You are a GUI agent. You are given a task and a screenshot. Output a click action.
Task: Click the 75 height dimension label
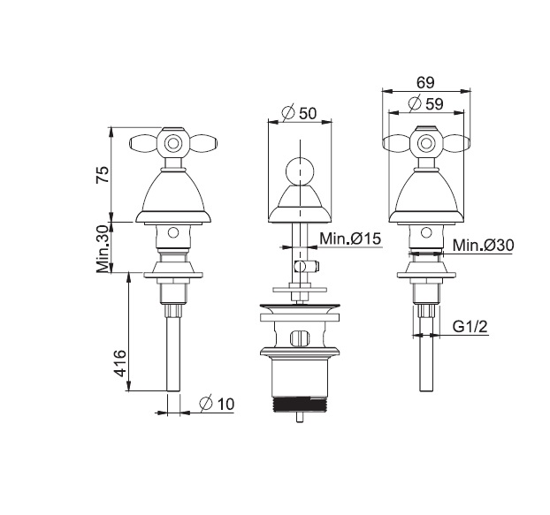pyautogui.click(x=103, y=175)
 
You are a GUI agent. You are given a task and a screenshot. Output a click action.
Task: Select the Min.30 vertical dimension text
pyautogui.click(x=103, y=249)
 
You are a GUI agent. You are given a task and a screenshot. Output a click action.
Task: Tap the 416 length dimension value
pyautogui.click(x=120, y=363)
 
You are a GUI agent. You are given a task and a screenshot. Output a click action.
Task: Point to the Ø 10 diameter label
pyautogui.click(x=217, y=404)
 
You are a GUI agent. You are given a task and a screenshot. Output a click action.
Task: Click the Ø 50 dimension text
pyautogui.click(x=299, y=113)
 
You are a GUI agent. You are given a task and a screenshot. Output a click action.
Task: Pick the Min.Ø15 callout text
pyautogui.click(x=349, y=239)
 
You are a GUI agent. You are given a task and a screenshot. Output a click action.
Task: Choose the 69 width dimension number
pyautogui.click(x=425, y=83)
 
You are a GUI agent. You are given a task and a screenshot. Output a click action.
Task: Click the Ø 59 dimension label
pyautogui.click(x=426, y=103)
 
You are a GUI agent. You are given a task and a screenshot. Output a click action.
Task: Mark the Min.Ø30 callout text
pyautogui.click(x=483, y=245)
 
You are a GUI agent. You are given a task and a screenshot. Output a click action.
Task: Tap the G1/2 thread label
pyautogui.click(x=470, y=327)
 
